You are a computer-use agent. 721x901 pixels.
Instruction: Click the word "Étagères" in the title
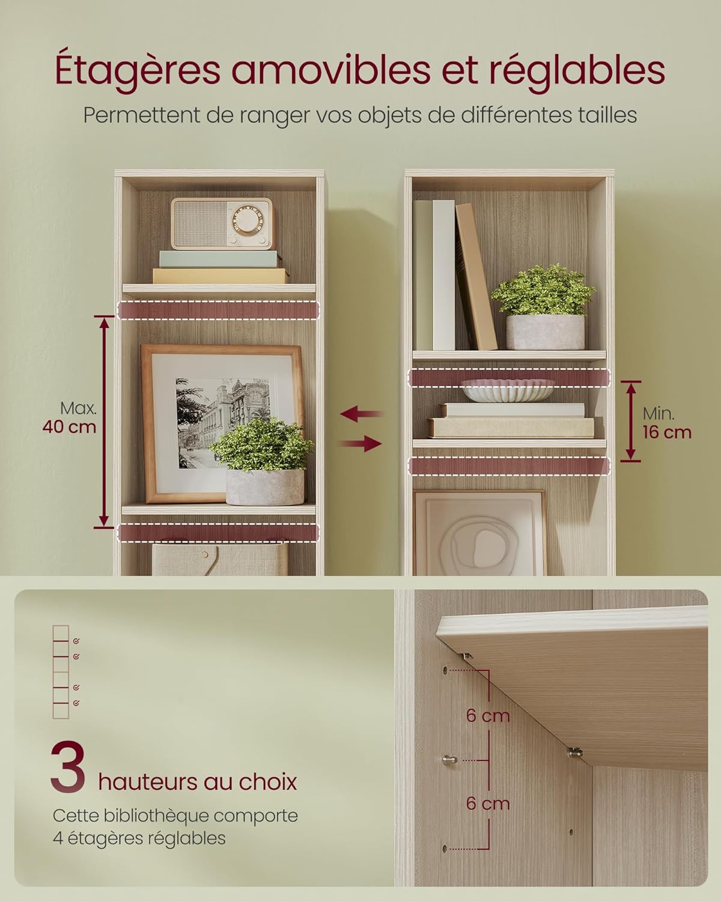(x=138, y=71)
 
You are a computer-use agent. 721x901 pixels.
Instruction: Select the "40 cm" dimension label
(x=69, y=427)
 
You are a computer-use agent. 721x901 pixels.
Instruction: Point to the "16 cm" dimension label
(x=667, y=432)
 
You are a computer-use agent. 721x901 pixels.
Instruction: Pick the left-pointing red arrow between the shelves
(x=361, y=414)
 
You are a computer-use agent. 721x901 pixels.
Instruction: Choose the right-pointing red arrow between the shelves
(x=361, y=443)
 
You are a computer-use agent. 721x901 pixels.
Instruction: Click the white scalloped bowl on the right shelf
(x=508, y=390)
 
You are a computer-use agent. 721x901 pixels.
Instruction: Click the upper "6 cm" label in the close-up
(x=488, y=716)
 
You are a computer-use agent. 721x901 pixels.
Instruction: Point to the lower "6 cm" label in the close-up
(x=488, y=804)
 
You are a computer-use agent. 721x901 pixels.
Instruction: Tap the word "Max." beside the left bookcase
(x=78, y=408)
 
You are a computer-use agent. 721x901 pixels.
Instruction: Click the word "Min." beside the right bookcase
(x=659, y=414)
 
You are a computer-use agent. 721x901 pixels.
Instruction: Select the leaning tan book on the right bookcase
(x=476, y=276)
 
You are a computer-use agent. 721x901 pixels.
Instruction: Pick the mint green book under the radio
(x=218, y=259)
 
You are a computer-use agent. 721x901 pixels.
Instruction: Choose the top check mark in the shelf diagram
(x=76, y=641)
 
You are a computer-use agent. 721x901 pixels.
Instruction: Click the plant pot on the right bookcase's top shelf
(x=545, y=332)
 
